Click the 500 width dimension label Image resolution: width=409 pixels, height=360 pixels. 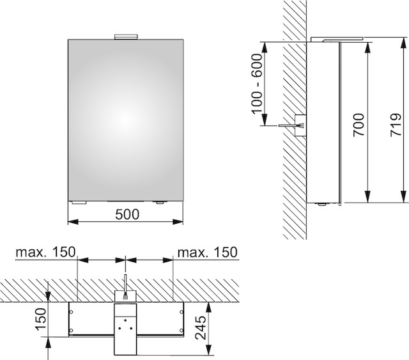click(127, 214)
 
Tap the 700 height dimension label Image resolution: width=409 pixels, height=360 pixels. click(359, 125)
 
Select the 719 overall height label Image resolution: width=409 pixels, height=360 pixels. click(396, 125)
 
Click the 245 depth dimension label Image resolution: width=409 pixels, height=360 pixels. click(201, 328)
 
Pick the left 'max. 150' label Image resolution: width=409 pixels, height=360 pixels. click(45, 252)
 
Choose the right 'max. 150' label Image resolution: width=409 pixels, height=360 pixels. click(207, 252)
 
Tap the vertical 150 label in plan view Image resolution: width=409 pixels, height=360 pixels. click(41, 319)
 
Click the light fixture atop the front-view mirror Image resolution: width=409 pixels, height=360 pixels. click(126, 36)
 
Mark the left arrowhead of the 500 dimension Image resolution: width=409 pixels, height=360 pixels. click(73, 222)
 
